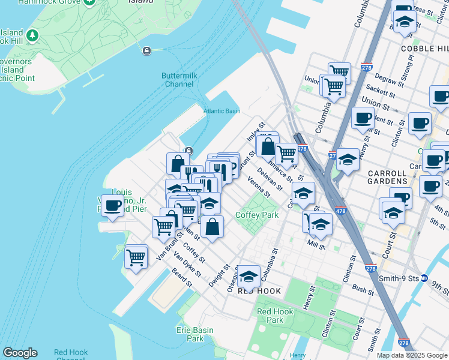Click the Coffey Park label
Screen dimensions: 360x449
point(257,215)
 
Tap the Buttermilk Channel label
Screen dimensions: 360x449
point(178,80)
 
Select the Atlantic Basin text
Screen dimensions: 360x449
point(221,111)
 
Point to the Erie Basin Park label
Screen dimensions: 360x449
point(191,334)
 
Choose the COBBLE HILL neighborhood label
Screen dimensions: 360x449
point(424,48)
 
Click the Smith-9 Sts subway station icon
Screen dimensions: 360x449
point(424,278)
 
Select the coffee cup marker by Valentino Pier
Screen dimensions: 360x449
point(112,206)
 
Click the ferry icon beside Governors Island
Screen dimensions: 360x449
point(146,51)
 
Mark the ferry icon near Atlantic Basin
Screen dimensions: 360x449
point(188,150)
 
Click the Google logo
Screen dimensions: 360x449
point(20,353)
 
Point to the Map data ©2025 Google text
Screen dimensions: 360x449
point(411,355)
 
